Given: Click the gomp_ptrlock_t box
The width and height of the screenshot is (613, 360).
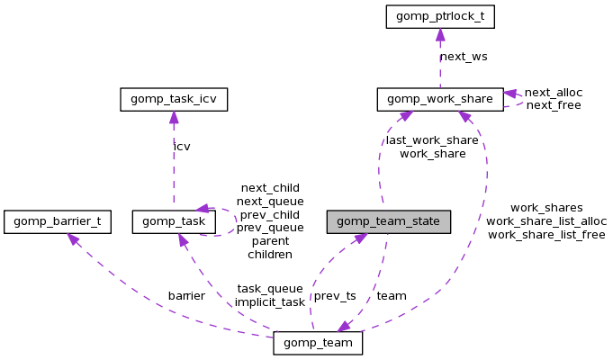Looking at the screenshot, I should tap(440, 15).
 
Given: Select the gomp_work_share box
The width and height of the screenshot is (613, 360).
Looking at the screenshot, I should tap(440, 98).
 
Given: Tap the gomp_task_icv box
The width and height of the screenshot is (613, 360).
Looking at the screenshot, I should tap(174, 98).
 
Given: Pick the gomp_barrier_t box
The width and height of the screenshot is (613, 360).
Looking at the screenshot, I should tap(58, 220).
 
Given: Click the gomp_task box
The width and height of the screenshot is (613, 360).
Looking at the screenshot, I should tap(174, 220).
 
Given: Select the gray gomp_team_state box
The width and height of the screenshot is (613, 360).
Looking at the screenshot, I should tap(388, 220).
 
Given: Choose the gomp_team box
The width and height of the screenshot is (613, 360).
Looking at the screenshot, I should tap(318, 343).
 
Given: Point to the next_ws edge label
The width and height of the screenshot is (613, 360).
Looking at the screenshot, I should tap(464, 57).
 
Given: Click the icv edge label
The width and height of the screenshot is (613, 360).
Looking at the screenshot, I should tap(182, 146).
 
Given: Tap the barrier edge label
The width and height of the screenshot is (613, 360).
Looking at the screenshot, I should tap(186, 295).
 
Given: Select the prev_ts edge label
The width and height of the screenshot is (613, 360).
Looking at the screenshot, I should tap(334, 295).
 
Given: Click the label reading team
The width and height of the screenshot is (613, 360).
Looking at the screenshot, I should tap(392, 295).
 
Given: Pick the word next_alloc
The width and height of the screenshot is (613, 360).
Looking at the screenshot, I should tap(553, 92).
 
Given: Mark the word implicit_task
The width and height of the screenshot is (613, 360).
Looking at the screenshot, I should tap(270, 301).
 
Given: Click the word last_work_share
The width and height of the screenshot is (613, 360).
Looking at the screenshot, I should tap(432, 140).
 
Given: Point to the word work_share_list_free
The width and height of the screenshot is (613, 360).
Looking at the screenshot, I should tap(546, 234).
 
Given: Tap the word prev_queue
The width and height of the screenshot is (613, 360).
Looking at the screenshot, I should tap(270, 228).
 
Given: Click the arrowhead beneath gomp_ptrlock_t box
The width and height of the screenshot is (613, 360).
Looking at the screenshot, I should tap(440, 33).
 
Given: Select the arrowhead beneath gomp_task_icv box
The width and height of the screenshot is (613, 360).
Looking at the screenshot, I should tap(174, 116).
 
